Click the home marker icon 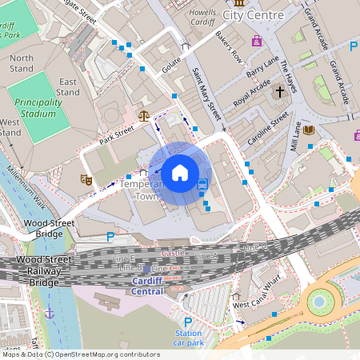click(180, 173)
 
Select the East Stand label click(68, 86)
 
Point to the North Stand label click(22, 63)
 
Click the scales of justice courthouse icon click(144, 115)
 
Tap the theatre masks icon click(86, 180)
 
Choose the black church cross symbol click(279, 92)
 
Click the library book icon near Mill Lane click(309, 130)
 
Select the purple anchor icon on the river click(50, 313)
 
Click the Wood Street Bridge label click(43, 228)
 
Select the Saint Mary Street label click(206, 94)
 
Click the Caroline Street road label click(267, 126)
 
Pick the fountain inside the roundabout click(319, 301)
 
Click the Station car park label click(189, 338)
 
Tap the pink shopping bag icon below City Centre click(256, 40)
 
